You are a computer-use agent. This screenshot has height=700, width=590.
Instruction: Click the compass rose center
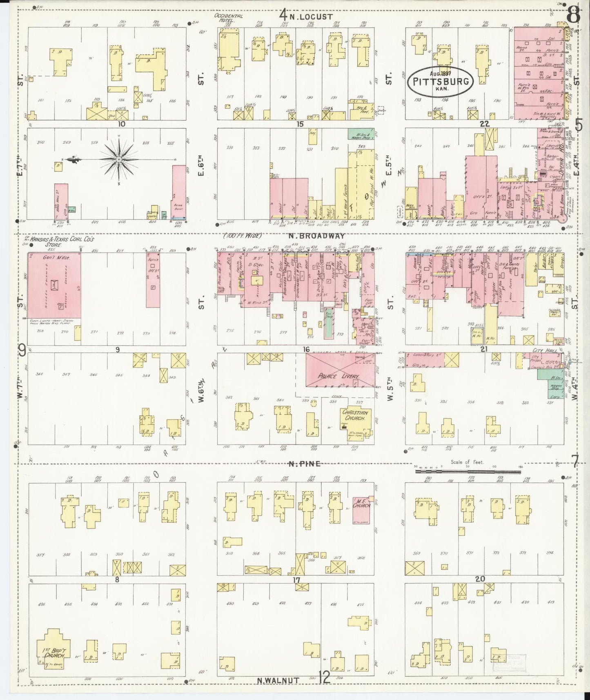point(118,159)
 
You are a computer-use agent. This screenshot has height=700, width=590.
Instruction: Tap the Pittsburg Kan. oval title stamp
point(441,81)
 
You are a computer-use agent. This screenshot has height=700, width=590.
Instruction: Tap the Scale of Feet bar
point(468,471)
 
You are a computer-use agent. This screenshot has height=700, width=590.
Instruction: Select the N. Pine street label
point(304,464)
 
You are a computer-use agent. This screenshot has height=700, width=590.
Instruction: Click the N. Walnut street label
point(279,680)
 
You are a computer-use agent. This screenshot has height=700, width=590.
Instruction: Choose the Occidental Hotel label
point(228,18)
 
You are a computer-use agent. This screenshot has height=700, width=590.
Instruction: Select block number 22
point(485,124)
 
